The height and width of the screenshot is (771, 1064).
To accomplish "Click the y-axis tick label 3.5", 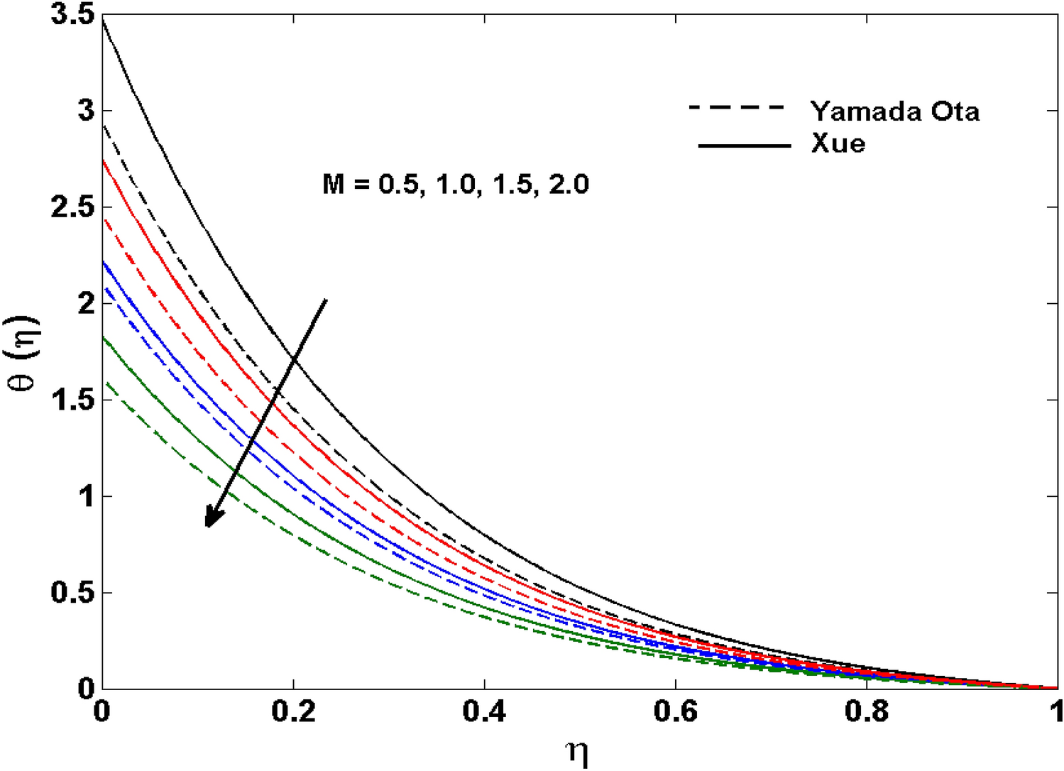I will (72, 16).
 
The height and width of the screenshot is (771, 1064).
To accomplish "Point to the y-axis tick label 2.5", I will (72, 208).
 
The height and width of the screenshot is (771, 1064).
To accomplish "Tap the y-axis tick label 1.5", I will (72, 400).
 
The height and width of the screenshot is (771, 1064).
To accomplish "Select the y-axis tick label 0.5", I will (72, 593).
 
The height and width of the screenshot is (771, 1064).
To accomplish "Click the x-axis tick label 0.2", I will (293, 712).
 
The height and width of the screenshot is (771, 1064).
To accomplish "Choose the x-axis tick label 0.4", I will (484, 712).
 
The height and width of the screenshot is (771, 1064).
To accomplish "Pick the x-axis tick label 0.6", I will (676, 712).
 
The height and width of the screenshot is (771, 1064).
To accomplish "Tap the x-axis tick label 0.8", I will (867, 712).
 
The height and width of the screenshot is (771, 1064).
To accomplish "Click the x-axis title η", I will (578, 753).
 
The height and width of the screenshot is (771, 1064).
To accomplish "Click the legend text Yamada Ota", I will (895, 111).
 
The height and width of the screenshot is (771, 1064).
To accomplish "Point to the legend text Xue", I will (838, 144).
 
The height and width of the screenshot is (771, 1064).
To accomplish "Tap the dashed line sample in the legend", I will (737, 108).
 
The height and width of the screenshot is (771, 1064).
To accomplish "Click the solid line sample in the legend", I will (744, 146).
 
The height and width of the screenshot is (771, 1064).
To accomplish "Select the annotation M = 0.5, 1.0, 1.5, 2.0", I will (455, 185).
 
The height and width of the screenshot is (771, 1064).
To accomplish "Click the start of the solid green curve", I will (104, 337).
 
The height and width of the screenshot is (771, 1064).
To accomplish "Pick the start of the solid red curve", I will (104, 160).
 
